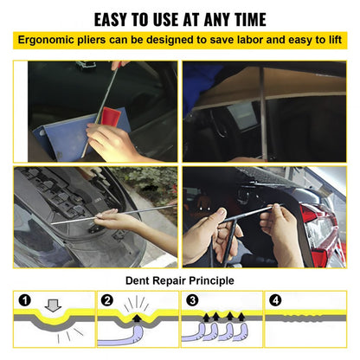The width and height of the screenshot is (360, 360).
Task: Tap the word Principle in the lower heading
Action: click(x=208, y=281)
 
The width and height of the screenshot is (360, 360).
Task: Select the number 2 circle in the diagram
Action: click(x=107, y=300)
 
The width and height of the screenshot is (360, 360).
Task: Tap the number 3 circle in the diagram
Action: click(x=191, y=300)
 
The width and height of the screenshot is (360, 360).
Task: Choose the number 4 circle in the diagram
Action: click(x=275, y=300)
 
